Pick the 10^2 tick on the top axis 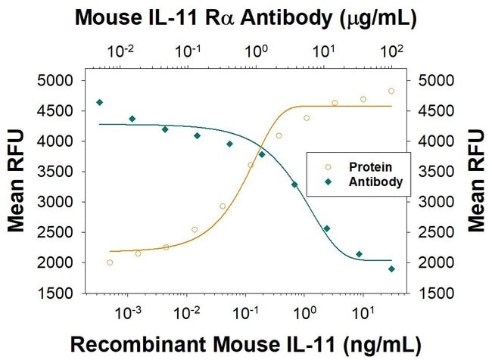tap(391, 51)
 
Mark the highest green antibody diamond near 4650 tap(99, 102)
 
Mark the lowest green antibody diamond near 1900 tap(391, 268)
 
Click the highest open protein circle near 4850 tap(391, 91)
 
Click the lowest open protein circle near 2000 tap(110, 262)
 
